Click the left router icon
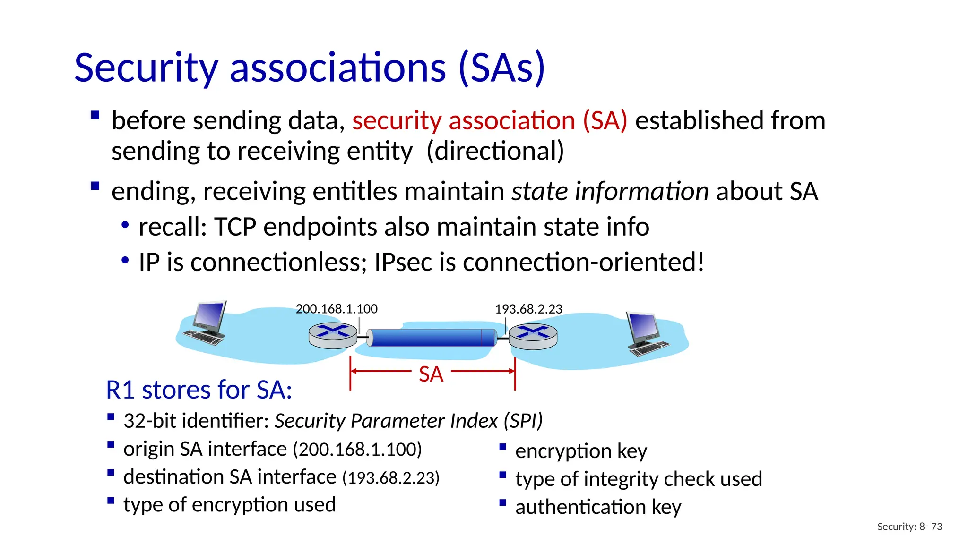click(333, 335)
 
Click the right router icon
click(533, 336)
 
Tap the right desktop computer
click(646, 333)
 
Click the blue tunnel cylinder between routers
click(432, 338)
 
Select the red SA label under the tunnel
click(431, 374)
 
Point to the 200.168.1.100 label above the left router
click(337, 309)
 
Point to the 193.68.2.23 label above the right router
click(528, 309)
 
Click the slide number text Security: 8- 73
click(909, 527)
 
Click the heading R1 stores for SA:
click(199, 390)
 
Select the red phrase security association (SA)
click(490, 120)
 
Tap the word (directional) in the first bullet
click(495, 151)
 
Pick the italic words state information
click(610, 191)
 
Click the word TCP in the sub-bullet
click(235, 227)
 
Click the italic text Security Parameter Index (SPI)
click(408, 421)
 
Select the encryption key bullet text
click(581, 451)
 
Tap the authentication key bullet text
click(598, 507)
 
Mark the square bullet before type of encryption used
click(111, 501)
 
